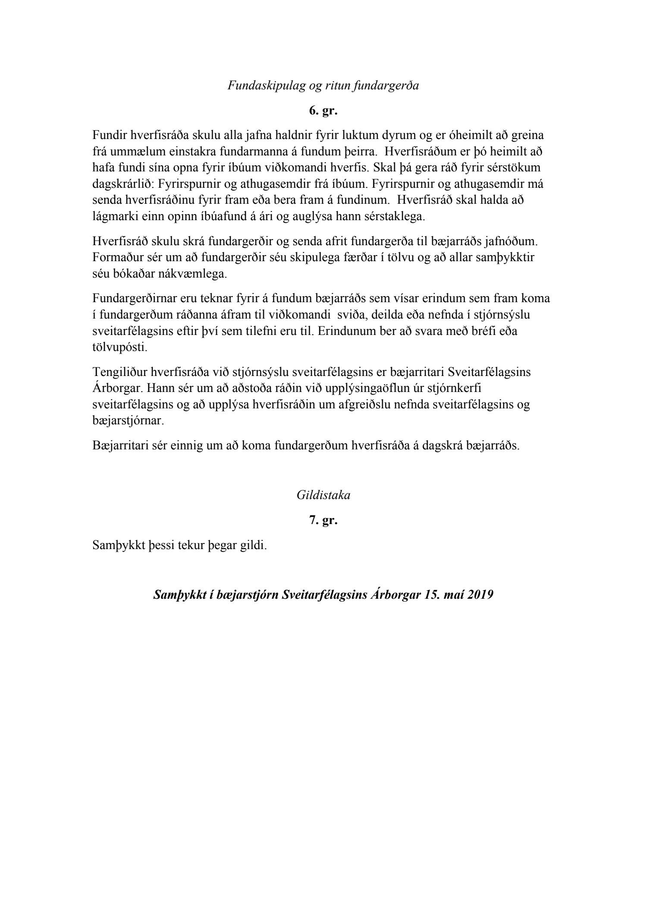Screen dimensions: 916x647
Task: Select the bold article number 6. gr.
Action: click(323, 111)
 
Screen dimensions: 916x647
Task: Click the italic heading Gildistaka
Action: click(323, 495)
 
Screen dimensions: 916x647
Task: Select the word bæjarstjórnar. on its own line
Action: click(128, 421)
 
